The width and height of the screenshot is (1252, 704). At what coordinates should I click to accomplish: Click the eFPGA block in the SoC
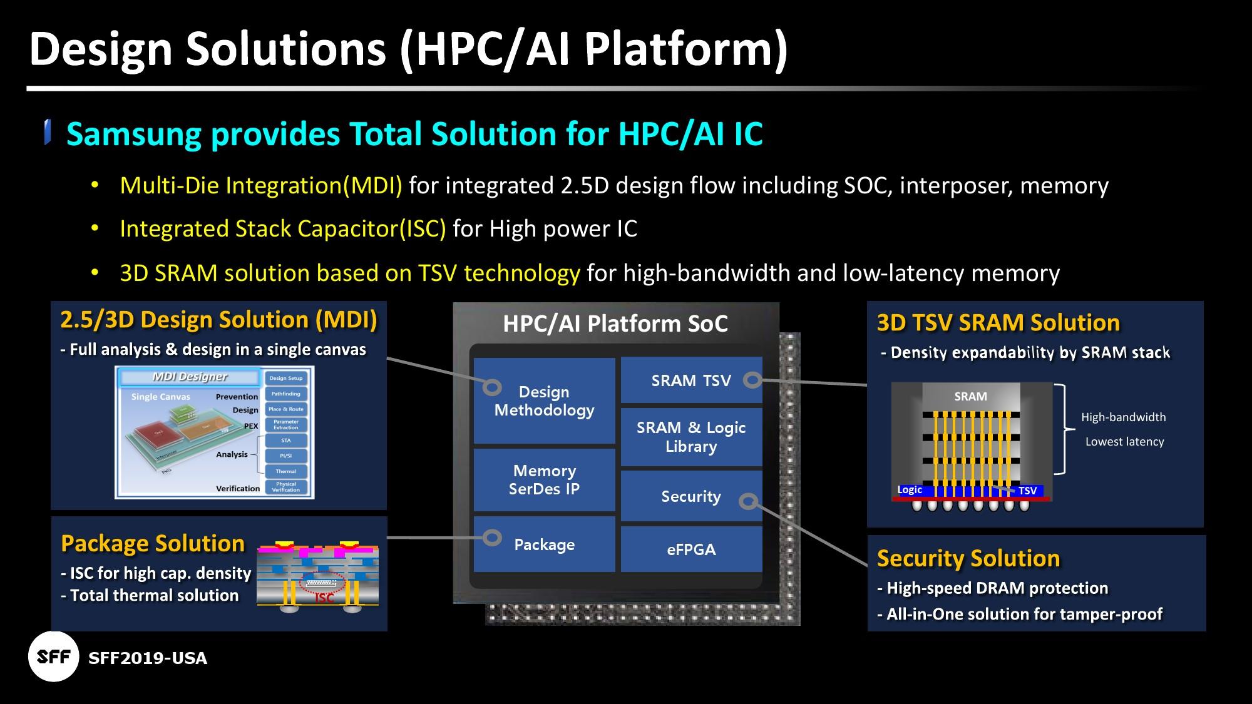[x=691, y=549]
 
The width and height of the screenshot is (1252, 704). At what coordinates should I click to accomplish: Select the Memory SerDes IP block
[x=544, y=479]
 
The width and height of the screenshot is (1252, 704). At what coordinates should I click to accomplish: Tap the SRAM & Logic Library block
[x=691, y=437]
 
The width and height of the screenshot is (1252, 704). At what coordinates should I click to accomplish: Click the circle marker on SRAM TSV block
[x=752, y=379]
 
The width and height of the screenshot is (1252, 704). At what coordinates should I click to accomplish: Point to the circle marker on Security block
[x=748, y=501]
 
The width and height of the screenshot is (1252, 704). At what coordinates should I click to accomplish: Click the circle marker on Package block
[x=493, y=538]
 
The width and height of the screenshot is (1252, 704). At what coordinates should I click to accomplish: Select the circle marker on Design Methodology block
[x=492, y=387]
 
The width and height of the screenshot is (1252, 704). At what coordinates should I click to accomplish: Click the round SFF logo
[x=54, y=656]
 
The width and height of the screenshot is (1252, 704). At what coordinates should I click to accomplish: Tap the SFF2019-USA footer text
[x=148, y=658]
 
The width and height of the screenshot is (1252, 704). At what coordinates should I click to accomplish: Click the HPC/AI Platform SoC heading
[x=615, y=324]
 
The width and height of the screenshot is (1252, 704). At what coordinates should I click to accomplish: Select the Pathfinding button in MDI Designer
[x=285, y=394]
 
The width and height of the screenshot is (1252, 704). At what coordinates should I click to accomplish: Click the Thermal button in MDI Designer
[x=285, y=471]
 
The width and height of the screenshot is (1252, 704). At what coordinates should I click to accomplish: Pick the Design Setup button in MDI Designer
[x=285, y=378]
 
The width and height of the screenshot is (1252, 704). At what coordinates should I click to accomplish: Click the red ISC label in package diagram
[x=324, y=598]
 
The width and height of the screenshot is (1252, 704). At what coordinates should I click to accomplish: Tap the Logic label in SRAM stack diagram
[x=910, y=489]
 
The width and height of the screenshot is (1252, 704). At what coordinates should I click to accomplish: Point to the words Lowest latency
[x=1124, y=441]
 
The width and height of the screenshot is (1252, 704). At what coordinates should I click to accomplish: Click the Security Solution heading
[x=968, y=558]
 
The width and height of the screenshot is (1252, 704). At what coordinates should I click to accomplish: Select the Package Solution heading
[x=153, y=543]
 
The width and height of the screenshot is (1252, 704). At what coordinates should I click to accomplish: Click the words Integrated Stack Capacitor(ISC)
[x=282, y=228]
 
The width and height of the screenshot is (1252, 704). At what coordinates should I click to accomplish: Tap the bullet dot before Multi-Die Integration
[x=95, y=185]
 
